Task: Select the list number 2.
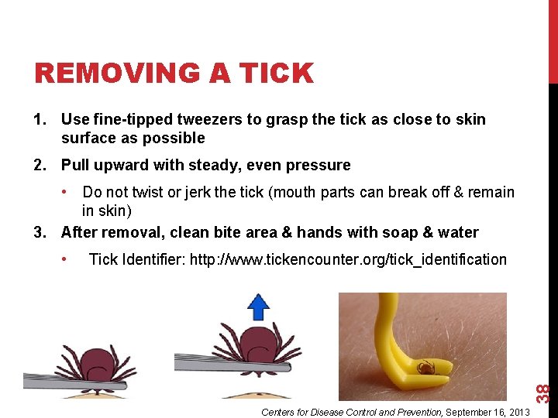coord(40,165)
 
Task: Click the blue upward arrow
coord(257,307)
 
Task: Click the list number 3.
coord(40,232)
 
